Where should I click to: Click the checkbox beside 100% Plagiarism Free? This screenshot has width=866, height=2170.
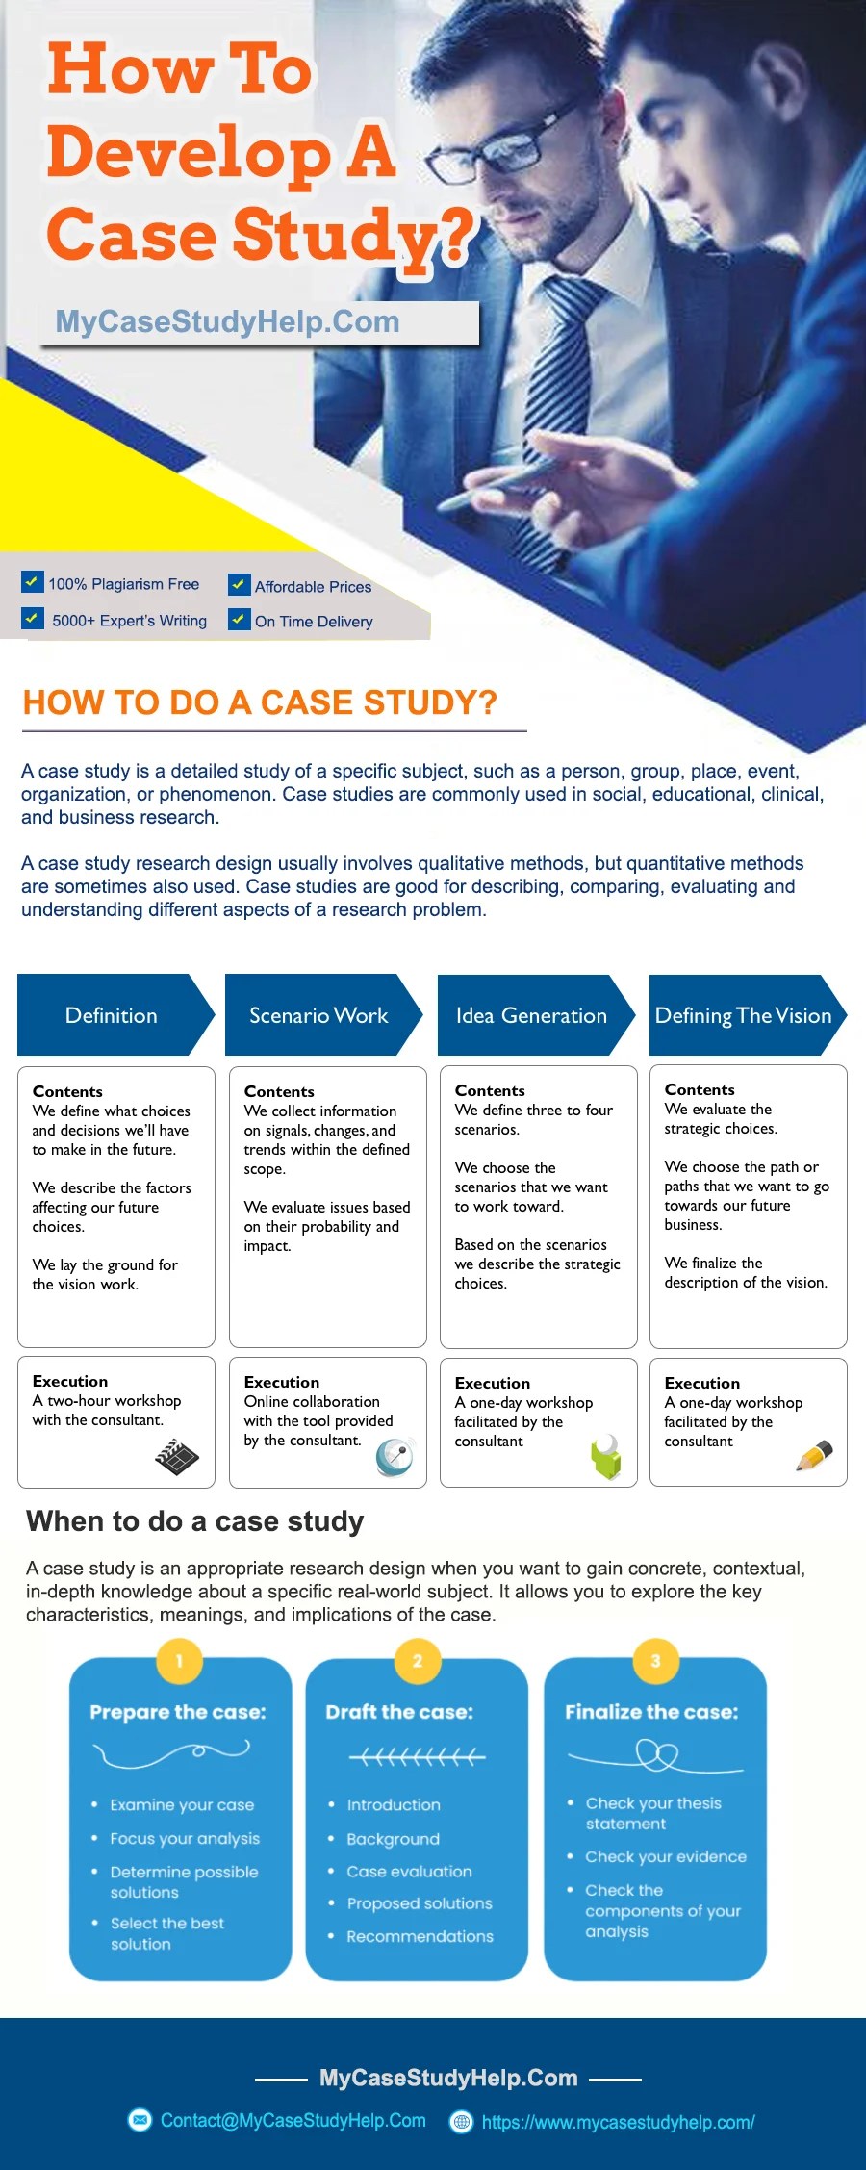click(32, 582)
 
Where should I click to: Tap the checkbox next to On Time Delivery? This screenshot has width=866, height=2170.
click(239, 619)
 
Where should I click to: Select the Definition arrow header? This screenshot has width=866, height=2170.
click(112, 1015)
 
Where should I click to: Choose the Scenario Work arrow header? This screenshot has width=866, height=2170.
click(318, 1015)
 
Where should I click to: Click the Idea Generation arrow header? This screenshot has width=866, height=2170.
click(531, 1015)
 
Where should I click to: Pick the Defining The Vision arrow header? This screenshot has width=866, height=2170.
click(743, 1015)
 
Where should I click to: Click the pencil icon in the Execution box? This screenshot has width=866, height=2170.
click(814, 1455)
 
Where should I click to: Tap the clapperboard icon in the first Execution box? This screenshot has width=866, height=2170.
click(177, 1457)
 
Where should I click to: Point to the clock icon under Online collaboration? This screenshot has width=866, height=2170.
click(395, 1457)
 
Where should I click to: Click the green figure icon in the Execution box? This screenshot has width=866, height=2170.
click(606, 1457)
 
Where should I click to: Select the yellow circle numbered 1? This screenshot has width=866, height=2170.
click(179, 1660)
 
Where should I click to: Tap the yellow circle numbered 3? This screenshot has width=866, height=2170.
click(655, 1660)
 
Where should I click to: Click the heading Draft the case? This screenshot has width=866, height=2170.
click(399, 1712)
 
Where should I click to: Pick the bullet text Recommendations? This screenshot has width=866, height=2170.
click(420, 1936)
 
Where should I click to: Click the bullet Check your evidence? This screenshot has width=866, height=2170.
click(665, 1856)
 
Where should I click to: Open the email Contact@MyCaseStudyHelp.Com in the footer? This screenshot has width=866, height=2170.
click(293, 2120)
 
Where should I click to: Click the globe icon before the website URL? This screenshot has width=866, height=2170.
click(462, 2121)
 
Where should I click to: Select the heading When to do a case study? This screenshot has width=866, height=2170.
click(195, 1521)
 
